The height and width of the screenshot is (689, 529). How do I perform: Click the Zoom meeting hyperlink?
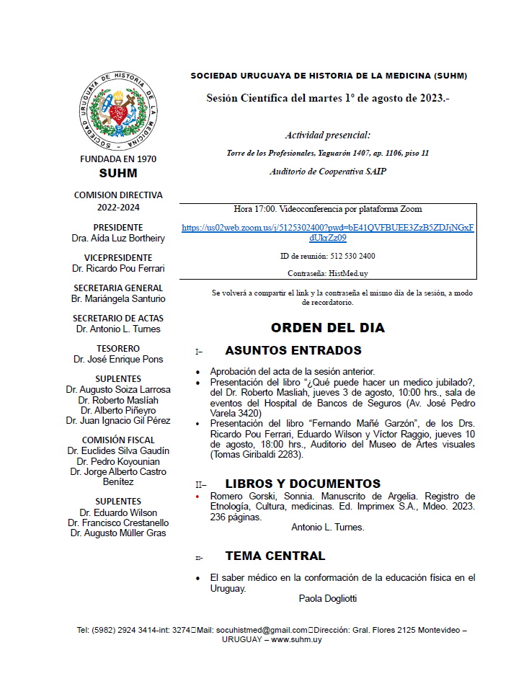click(327, 232)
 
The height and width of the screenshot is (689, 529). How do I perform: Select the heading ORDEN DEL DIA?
click(327, 328)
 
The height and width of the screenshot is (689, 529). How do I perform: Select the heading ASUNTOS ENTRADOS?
click(293, 351)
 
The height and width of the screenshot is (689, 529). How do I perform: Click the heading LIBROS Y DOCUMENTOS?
click(302, 484)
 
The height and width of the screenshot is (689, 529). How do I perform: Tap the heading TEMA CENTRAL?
click(275, 556)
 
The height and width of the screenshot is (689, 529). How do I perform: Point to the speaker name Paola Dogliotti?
click(327, 598)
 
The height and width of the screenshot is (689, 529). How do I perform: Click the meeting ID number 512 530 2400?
click(352, 256)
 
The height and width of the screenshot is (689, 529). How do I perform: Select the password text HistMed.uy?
click(350, 273)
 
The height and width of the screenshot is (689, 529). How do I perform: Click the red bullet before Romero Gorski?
click(198, 497)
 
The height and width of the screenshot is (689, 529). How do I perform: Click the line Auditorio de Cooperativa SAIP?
click(328, 172)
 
